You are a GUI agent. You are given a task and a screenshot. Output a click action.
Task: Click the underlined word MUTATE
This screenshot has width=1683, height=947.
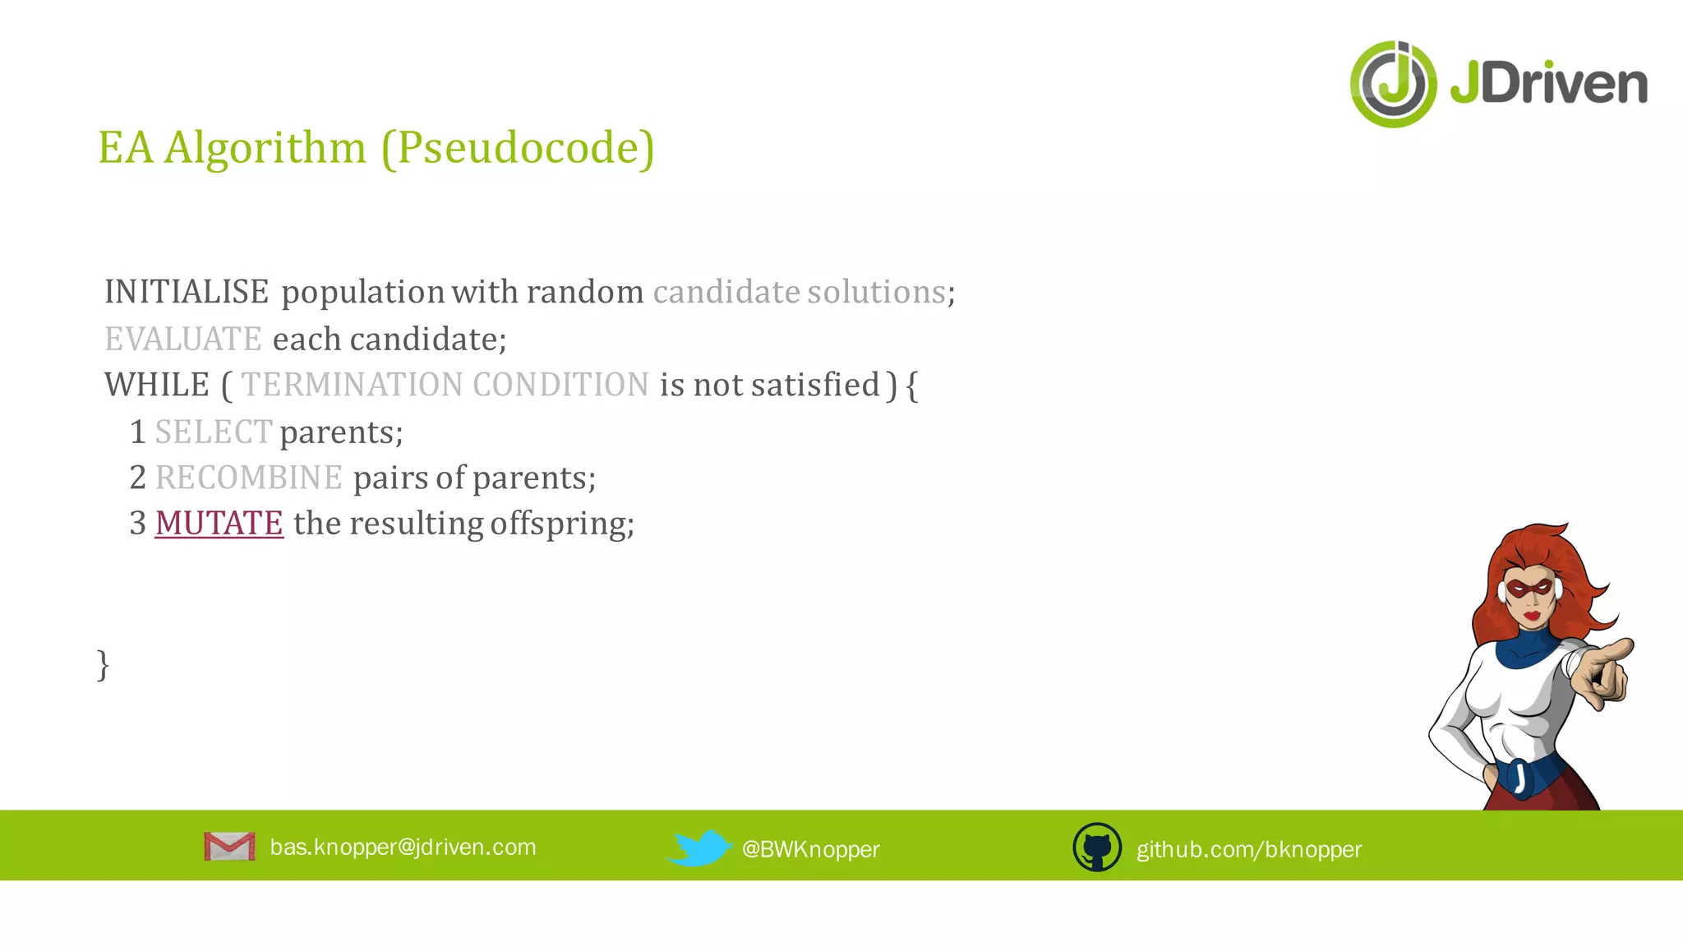(x=219, y=524)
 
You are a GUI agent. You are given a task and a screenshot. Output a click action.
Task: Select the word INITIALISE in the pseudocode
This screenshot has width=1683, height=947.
(x=187, y=292)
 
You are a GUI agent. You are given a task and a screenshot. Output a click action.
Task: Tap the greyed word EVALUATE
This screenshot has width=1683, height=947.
(x=183, y=339)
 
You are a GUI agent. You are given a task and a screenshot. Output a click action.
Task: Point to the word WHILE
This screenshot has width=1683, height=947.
(x=157, y=385)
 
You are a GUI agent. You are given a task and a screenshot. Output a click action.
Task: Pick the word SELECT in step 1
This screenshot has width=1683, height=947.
(x=213, y=432)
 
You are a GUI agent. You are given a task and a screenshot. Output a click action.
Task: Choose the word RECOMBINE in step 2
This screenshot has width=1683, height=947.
(x=248, y=478)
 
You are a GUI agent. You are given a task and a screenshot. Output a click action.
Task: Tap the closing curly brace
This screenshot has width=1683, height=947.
(x=103, y=664)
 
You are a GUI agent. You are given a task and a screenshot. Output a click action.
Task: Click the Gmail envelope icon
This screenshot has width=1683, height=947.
(x=229, y=847)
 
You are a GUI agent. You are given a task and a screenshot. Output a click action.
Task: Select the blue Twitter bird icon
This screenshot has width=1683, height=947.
(x=699, y=848)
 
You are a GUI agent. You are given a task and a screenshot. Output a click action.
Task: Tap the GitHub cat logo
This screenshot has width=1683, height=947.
(x=1097, y=848)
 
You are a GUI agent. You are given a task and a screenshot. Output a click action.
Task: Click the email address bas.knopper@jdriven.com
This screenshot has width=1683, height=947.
(x=403, y=848)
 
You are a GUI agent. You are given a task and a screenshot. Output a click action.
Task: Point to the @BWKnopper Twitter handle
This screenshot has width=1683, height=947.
(x=810, y=849)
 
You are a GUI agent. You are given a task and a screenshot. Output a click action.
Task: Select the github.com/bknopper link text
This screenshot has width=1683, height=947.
(x=1248, y=849)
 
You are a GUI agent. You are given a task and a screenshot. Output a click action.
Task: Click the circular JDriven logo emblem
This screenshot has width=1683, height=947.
(x=1393, y=84)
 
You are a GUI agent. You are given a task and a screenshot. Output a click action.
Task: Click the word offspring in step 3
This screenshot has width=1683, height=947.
(x=562, y=524)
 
